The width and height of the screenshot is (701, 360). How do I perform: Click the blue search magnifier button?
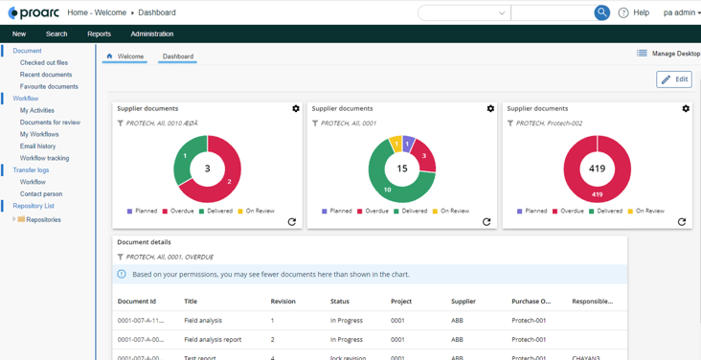coord(601,12)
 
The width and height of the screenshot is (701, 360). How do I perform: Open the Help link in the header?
coord(634,12)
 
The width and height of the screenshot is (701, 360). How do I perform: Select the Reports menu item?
coord(99,34)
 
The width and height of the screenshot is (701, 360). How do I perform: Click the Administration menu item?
coord(152,34)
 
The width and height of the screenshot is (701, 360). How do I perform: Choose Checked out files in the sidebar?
coord(44,62)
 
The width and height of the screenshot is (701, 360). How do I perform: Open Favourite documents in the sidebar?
coord(49,86)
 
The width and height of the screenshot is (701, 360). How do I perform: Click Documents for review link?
coord(50,123)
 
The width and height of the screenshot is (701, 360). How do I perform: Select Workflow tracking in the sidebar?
coord(44,158)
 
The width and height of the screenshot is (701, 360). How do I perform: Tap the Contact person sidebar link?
coord(41,193)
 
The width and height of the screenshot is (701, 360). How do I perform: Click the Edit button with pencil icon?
coord(674,79)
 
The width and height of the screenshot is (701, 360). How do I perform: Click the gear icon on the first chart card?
coord(296,109)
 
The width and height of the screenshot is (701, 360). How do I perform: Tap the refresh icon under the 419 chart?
coord(682,222)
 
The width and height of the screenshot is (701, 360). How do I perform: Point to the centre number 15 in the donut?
coord(402,169)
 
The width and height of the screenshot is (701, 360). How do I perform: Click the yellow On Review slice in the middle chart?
coord(396,145)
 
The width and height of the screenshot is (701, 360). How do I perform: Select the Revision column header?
coord(283,302)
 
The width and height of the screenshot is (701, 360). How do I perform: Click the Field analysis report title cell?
coord(213,339)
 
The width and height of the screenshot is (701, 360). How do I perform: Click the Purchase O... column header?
coord(531,302)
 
